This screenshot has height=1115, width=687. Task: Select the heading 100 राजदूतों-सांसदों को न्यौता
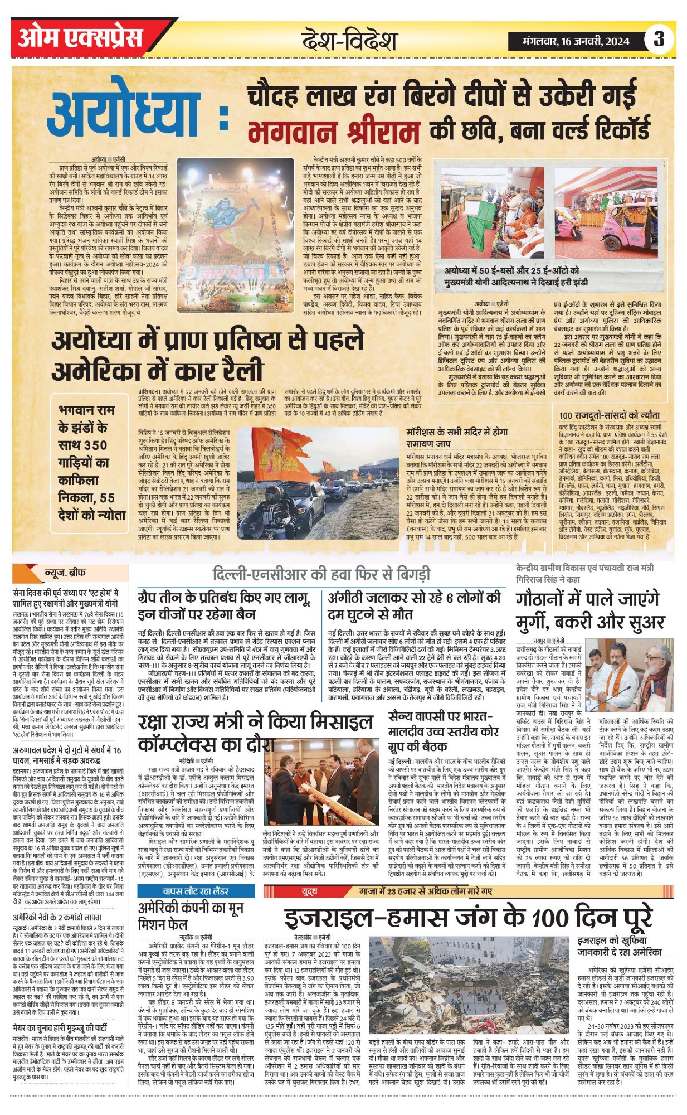[x=610, y=415]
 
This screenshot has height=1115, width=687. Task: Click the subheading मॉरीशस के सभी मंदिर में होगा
[x=457, y=432]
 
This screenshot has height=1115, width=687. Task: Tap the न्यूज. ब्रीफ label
[x=65, y=573]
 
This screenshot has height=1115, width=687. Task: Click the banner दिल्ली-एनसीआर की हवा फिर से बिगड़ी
[x=321, y=574]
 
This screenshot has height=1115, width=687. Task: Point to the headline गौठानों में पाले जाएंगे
[x=587, y=599]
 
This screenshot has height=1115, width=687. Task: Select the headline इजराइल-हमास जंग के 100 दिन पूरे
[x=468, y=917]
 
